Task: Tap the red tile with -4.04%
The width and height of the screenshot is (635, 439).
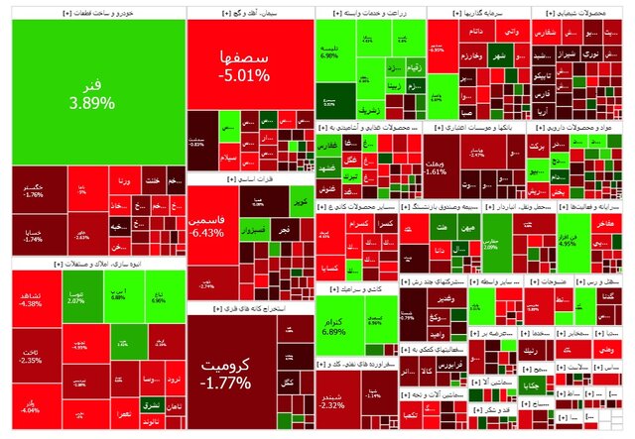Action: (x=30, y=406)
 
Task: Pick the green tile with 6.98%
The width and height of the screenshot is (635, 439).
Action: (x=330, y=52)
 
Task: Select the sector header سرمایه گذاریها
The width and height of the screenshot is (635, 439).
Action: (x=478, y=14)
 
